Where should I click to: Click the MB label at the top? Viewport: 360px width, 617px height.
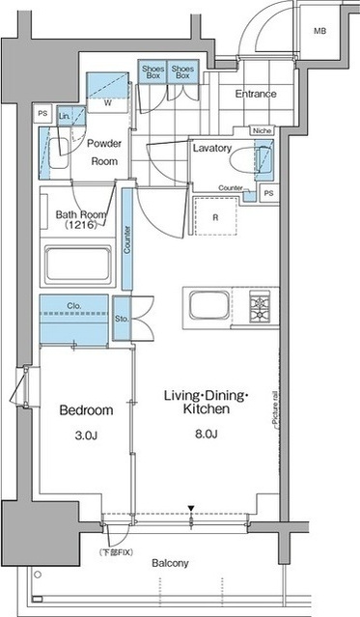pos(319,31)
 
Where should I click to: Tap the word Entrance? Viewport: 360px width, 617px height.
pos(256,94)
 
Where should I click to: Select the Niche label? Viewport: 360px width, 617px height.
pos(262,130)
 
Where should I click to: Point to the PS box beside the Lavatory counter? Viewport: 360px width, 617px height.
pos(268,193)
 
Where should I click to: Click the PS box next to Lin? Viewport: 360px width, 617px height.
pos(42,114)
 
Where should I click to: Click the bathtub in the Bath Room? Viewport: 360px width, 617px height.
pos(78,264)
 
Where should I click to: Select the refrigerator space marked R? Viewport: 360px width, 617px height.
pos(215,217)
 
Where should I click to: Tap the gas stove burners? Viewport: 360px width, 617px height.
pos(260,306)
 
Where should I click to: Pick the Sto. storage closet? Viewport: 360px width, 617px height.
pos(122,319)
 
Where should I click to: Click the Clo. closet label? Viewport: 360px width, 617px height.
pos(74,305)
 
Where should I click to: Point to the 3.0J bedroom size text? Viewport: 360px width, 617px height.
pos(86,435)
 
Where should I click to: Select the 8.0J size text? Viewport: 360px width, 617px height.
pos(207,435)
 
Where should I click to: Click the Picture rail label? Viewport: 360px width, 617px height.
pos(274,409)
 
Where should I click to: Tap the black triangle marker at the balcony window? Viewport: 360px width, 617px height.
pos(191,508)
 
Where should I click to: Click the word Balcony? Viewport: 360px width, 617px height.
pos(171,563)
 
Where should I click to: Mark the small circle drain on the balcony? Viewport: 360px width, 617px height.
pos(38,575)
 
